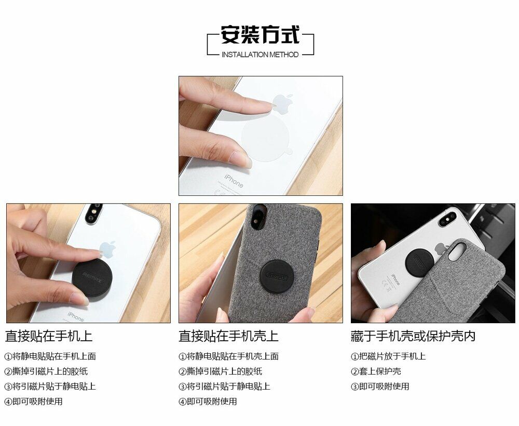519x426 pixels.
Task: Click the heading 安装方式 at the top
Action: [260, 34]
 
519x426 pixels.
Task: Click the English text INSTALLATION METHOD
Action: [260, 55]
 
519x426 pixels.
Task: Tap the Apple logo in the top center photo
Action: [283, 102]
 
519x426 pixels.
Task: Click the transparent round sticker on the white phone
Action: [266, 137]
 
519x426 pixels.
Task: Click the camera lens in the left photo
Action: [92, 214]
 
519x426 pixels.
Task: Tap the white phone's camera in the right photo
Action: [448, 219]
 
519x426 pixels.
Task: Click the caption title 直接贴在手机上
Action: [49, 336]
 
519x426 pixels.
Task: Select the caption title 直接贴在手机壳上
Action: [228, 336]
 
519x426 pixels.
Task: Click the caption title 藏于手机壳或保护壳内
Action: [413, 336]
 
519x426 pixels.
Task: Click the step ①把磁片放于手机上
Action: [388, 356]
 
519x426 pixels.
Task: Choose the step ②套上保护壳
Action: [376, 371]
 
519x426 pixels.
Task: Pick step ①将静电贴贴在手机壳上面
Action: [228, 356]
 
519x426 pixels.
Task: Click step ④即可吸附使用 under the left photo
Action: [33, 402]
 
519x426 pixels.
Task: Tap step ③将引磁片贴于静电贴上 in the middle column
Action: [224, 387]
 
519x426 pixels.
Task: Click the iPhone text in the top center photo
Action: [234, 181]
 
